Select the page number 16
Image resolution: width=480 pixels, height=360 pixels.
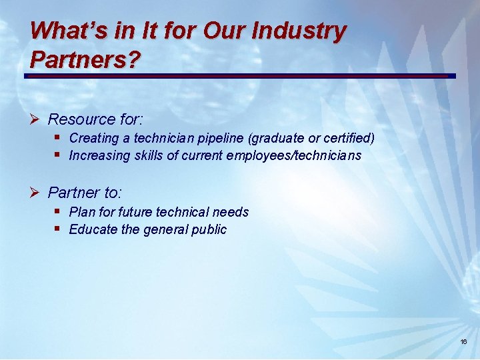point(463,341)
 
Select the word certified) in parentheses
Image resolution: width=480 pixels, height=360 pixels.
point(347,139)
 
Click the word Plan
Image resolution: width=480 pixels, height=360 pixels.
point(82,212)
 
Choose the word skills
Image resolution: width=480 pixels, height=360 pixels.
point(147,155)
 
